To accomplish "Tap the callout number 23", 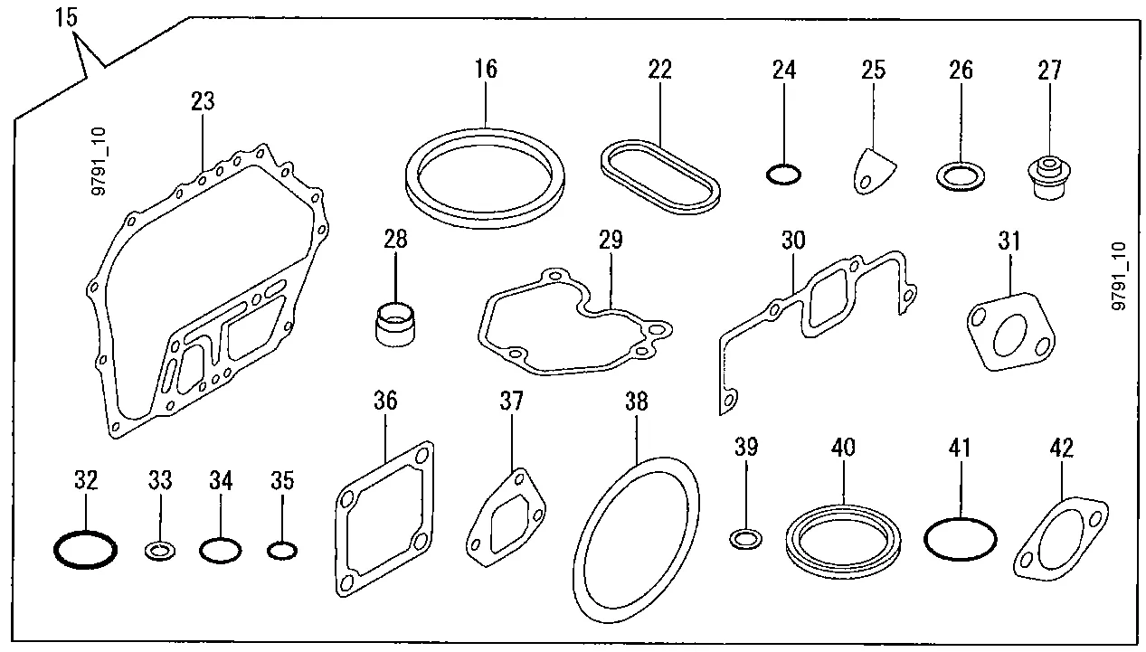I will pyautogui.click(x=203, y=100).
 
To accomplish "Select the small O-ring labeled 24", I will pyautogui.click(x=783, y=174).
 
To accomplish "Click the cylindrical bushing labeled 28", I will pyautogui.click(x=395, y=322).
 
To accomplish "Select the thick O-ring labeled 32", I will pyautogui.click(x=85, y=549).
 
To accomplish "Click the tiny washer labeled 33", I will pyautogui.click(x=160, y=549).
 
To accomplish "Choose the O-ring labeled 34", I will pyautogui.click(x=221, y=549).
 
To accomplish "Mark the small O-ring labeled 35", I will pyautogui.click(x=282, y=549).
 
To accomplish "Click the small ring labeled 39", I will pyautogui.click(x=745, y=540).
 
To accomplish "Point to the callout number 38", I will pyautogui.click(x=637, y=402).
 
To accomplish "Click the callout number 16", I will pyautogui.click(x=486, y=69).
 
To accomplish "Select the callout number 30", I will pyautogui.click(x=792, y=241).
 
